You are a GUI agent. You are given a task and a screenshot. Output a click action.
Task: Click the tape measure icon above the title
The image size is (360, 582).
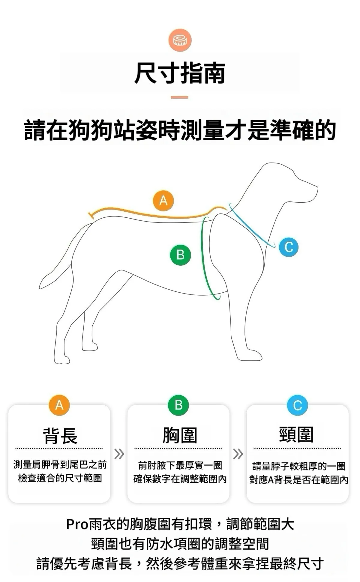pyautogui.click(x=180, y=40)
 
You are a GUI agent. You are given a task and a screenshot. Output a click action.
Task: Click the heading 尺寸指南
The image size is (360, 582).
pyautogui.click(x=180, y=73)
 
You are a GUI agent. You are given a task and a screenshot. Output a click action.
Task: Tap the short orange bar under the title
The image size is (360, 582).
pyautogui.click(x=180, y=97)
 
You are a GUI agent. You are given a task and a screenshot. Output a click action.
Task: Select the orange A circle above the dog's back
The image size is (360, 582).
pyautogui.click(x=163, y=200)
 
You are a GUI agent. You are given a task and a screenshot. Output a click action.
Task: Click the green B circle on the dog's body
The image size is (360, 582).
pyautogui.click(x=180, y=255)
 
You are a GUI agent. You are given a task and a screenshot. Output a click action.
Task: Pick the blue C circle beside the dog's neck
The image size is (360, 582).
pyautogui.click(x=289, y=247)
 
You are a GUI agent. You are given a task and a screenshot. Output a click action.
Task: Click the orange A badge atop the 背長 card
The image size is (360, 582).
pyautogui.click(x=59, y=405)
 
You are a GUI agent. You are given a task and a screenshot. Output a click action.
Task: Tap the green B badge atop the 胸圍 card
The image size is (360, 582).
pyautogui.click(x=178, y=405)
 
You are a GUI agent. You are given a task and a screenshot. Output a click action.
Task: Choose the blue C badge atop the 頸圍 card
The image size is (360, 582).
pyautogui.click(x=297, y=405)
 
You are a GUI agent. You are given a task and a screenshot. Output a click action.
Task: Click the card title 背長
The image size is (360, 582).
pyautogui.click(x=60, y=435)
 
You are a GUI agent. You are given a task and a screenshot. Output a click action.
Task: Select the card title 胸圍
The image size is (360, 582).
pyautogui.click(x=180, y=435)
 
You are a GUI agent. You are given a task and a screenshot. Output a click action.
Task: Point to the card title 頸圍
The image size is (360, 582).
pyautogui.click(x=296, y=434)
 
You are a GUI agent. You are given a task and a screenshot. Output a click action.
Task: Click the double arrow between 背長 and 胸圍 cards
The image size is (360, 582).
pyautogui.click(x=119, y=454)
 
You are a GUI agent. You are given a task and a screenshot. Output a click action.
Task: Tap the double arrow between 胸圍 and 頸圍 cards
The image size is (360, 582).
pyautogui.click(x=238, y=454)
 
